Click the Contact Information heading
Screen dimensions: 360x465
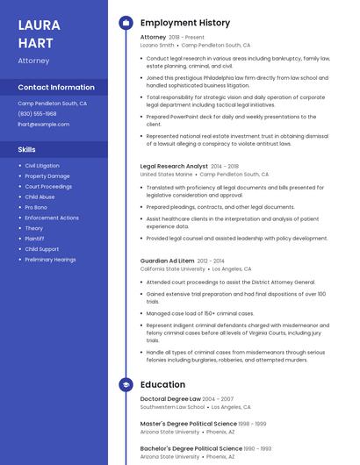(x=56, y=88)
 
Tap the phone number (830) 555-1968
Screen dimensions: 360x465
(x=37, y=114)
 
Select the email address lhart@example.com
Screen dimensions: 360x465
(x=43, y=125)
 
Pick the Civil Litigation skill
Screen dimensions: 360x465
(x=42, y=166)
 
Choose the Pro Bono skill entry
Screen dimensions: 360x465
(x=36, y=207)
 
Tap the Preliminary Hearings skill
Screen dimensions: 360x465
(x=50, y=260)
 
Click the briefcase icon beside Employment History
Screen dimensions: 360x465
(x=126, y=23)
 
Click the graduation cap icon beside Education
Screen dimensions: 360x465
(x=126, y=384)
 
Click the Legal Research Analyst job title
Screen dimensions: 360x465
(x=174, y=166)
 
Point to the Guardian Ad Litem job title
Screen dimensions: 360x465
(x=167, y=261)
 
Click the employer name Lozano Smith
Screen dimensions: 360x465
(x=157, y=45)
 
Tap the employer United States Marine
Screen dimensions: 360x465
(x=166, y=175)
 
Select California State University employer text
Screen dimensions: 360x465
(x=173, y=269)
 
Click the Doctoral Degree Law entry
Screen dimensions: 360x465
(x=170, y=398)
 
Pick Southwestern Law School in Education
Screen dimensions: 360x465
(x=172, y=407)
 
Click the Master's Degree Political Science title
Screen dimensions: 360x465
(x=187, y=423)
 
